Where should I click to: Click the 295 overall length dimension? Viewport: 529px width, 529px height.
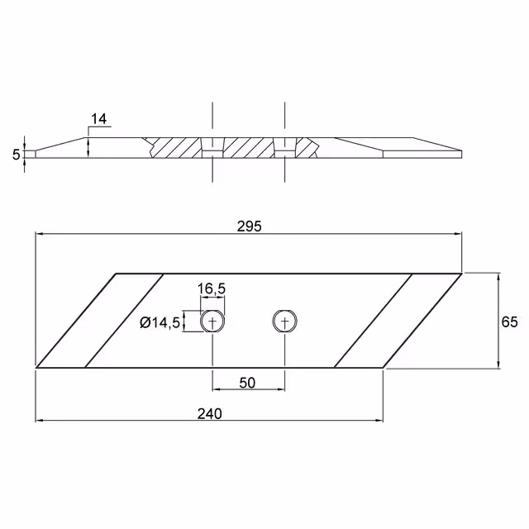click(249, 226)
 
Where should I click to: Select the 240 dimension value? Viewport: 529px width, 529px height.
click(209, 413)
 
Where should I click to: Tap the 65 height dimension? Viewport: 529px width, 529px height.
click(509, 322)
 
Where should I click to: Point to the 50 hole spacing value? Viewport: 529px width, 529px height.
click(247, 383)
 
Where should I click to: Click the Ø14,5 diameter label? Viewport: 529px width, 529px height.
click(160, 323)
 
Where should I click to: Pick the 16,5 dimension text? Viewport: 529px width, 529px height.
click(212, 288)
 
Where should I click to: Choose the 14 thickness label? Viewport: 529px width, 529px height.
click(98, 119)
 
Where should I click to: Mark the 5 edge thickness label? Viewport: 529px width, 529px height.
click(17, 155)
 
